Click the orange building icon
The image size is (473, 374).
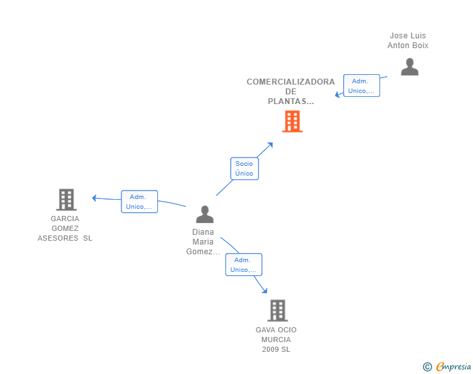coord(292,122)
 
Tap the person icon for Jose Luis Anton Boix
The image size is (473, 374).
coord(409,67)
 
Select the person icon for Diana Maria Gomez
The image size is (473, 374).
coord(205,214)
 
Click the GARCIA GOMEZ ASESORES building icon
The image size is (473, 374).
coord(66,200)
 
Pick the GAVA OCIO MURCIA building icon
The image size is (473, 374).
coord(277,310)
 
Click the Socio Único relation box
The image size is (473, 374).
coord(244,168)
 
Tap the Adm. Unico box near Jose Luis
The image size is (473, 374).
coord(361,85)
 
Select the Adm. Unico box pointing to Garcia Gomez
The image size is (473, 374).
coord(139,202)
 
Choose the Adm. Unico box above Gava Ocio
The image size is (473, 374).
coord(244,265)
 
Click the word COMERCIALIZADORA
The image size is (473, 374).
coord(290,82)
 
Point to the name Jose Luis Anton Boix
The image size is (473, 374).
coord(408,40)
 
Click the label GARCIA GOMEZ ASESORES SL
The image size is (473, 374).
coord(65,228)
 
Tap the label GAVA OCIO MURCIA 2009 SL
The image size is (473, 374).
coord(276,340)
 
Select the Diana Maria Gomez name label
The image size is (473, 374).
coord(203,242)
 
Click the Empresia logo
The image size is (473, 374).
coord(454,366)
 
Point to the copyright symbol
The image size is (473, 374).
coord(427,367)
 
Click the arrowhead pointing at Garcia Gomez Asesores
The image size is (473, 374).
coord(94,198)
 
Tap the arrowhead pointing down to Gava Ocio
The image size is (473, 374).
coord(264,291)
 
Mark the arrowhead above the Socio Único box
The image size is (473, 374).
coord(270,145)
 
